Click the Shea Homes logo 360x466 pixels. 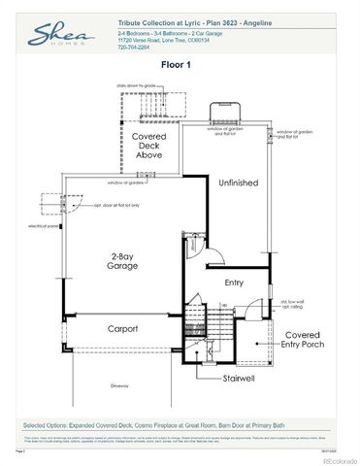(55, 36)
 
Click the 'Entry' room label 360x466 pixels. (234, 283)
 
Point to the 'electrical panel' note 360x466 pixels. (43, 226)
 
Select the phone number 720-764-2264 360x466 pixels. (133, 47)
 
